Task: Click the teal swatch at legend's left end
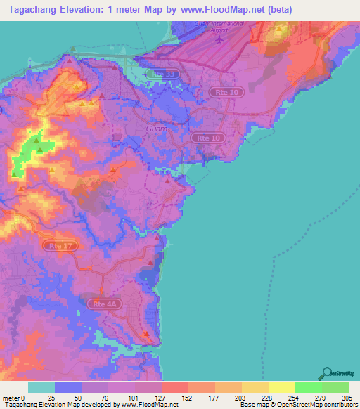click(41, 387)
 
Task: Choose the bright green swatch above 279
click(308, 387)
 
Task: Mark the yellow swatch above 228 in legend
click(255, 387)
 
